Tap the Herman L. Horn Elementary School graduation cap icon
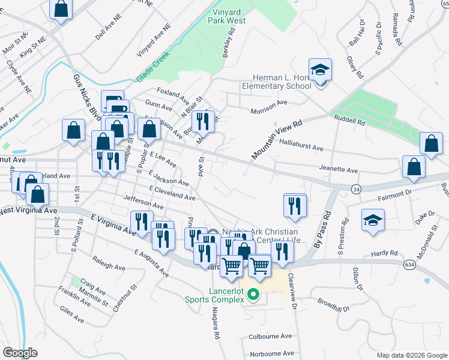321,69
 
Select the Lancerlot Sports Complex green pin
253,295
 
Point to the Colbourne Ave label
270,337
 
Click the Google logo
20,353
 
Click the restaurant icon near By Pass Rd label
295,205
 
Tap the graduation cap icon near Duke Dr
373,221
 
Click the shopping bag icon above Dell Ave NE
61,9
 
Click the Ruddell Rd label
350,121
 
